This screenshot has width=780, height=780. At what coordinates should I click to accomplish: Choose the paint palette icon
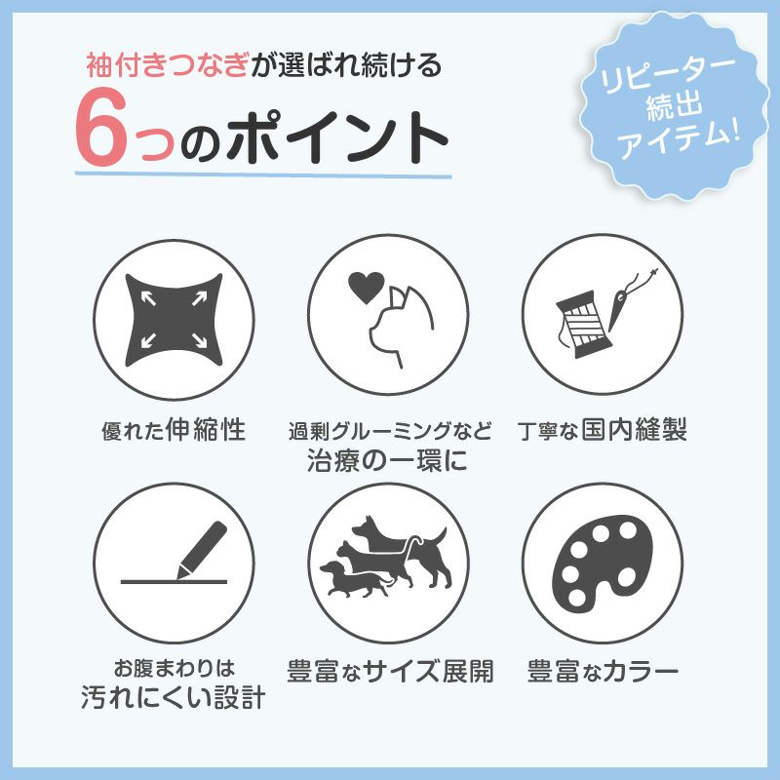602,563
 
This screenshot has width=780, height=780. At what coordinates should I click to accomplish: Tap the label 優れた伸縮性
175,430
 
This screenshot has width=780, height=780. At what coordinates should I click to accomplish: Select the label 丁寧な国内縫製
603,430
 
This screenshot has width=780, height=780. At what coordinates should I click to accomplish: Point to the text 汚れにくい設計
175,698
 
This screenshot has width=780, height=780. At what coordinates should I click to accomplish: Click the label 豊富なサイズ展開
389,672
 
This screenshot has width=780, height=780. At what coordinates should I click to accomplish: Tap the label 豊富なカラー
603,672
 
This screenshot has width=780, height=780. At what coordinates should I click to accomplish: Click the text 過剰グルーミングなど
389,431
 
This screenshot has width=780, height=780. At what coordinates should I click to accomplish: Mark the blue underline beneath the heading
263,176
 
